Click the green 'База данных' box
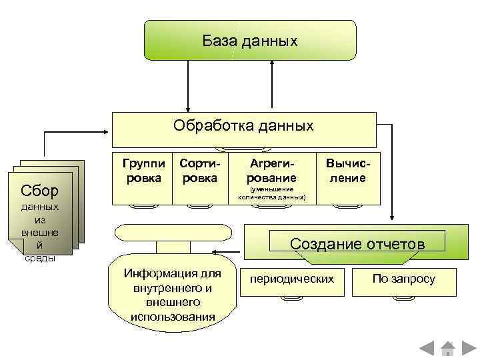pyautogui.click(x=250, y=40)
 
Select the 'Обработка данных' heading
pyautogui.click(x=243, y=126)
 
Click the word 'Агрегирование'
pyautogui.click(x=271, y=171)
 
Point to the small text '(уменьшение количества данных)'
pyautogui.click(x=271, y=194)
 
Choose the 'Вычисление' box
pyautogui.click(x=347, y=171)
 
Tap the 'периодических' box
pyautogui.click(x=291, y=279)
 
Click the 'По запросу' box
pyautogui.click(x=404, y=279)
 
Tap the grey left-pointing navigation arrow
pyautogui.click(x=427, y=347)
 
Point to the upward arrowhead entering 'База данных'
pyautogui.click(x=272, y=63)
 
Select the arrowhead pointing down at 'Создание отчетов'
pyautogui.click(x=392, y=217)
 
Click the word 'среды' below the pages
pyautogui.click(x=39, y=258)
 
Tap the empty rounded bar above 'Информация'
pyautogui.click(x=173, y=231)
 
